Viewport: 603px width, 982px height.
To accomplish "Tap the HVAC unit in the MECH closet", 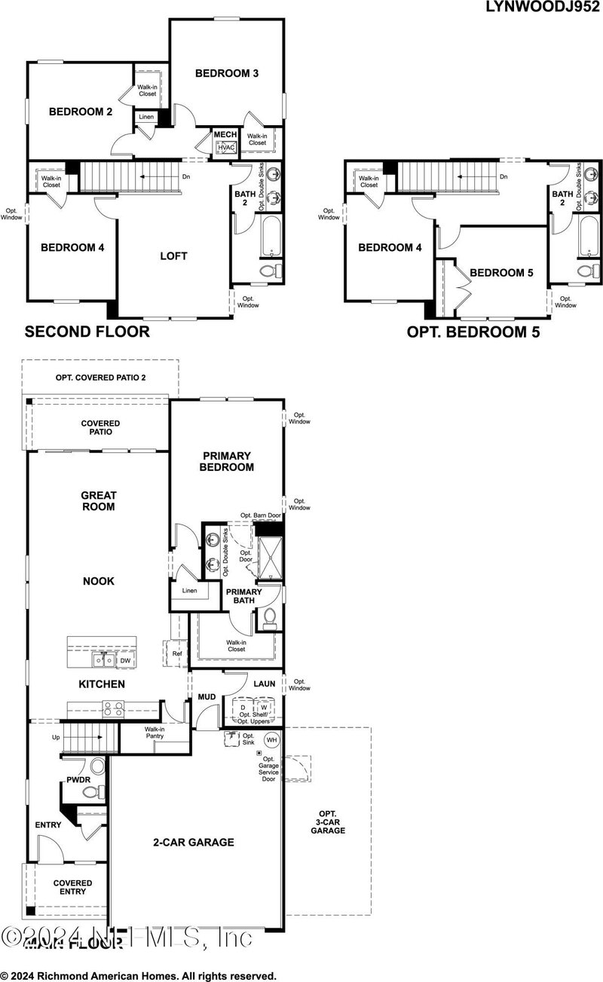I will pos(226,149).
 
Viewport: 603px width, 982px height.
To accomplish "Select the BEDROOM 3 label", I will pos(227,73).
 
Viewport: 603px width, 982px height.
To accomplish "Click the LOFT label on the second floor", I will pos(173,256).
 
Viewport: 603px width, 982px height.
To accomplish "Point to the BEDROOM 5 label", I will pos(501,273).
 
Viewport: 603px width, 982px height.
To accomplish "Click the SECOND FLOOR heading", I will pos(87,331).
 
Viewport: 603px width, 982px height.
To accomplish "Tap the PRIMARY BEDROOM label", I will pos(227,461).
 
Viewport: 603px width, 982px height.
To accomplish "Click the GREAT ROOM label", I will pos(98,501).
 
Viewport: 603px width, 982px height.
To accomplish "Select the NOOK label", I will pos(98,581).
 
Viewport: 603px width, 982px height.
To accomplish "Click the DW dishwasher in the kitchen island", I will pos(125,660).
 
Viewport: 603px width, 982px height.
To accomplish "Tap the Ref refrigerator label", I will pos(176,653).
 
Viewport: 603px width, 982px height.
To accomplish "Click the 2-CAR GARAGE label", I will pos(194,842).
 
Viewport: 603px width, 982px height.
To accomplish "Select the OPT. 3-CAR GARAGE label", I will pos(326,822).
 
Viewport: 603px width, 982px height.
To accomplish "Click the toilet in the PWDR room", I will pos(92,792).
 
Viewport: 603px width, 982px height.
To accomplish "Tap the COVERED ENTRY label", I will pos(72,887).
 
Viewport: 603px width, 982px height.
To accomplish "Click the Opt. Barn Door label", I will pos(261,515).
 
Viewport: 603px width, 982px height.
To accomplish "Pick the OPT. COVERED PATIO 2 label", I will pos(101,377).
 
